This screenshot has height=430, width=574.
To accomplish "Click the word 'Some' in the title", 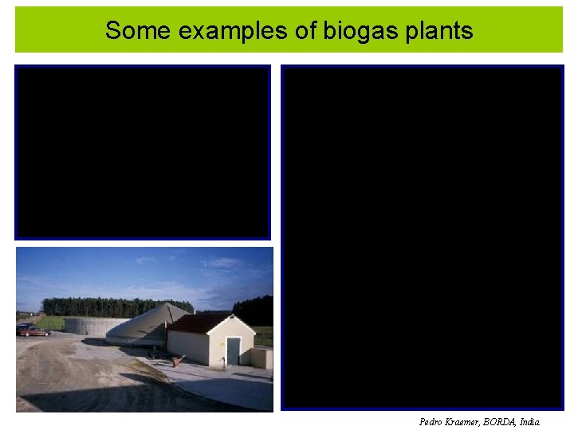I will [132, 31].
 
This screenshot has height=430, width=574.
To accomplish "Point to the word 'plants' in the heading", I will [439, 31].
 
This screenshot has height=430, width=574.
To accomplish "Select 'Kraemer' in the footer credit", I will [465, 422].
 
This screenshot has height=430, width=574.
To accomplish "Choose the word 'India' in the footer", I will [529, 422].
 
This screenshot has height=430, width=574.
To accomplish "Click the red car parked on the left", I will [32, 330].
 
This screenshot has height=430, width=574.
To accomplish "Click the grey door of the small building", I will [233, 350].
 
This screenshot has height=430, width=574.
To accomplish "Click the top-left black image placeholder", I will [143, 152].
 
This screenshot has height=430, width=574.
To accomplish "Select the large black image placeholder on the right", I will [423, 237].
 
